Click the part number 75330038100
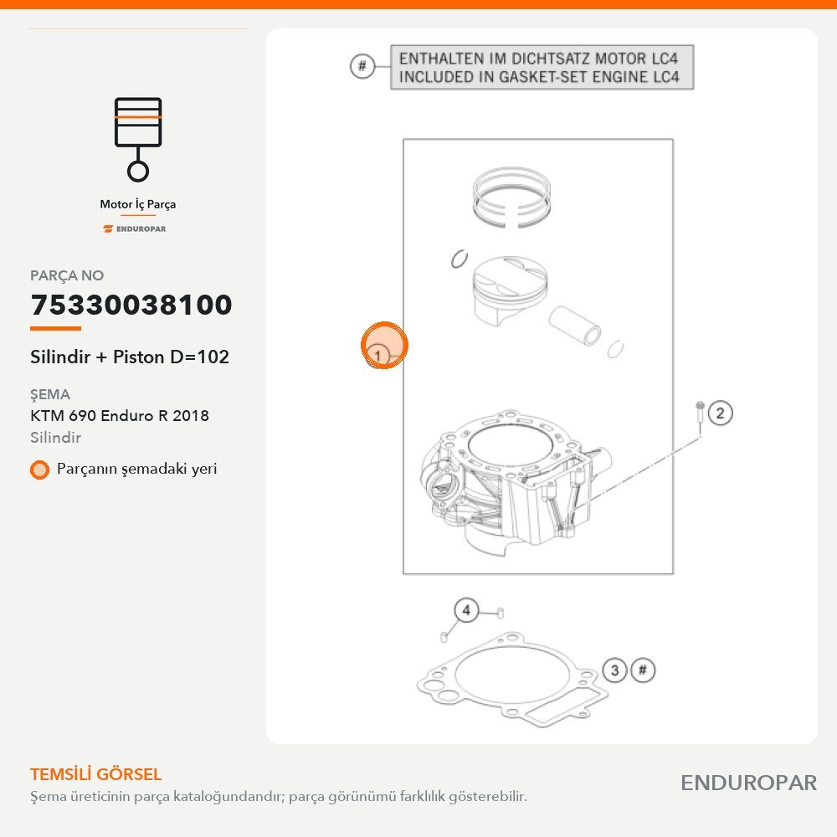pyautogui.click(x=131, y=305)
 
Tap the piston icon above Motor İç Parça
pyautogui.click(x=138, y=139)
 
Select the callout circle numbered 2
pyautogui.click(x=720, y=413)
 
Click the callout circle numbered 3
pyautogui.click(x=615, y=670)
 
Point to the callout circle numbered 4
pyautogui.click(x=466, y=610)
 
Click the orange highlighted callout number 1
pyautogui.click(x=384, y=346)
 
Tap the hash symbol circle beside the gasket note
pyautogui.click(x=362, y=66)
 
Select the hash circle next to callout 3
pyautogui.click(x=643, y=670)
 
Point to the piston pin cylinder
pyautogui.click(x=575, y=326)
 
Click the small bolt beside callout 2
pyautogui.click(x=700, y=419)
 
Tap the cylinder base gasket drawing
pyautogui.click(x=512, y=680)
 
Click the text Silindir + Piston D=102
pyautogui.click(x=130, y=357)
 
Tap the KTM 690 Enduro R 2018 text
pyautogui.click(x=120, y=415)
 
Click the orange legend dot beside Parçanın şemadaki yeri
pyautogui.click(x=39, y=470)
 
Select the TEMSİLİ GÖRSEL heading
pyautogui.click(x=96, y=774)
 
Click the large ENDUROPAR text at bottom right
pyautogui.click(x=749, y=783)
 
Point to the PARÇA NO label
pyautogui.click(x=67, y=275)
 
